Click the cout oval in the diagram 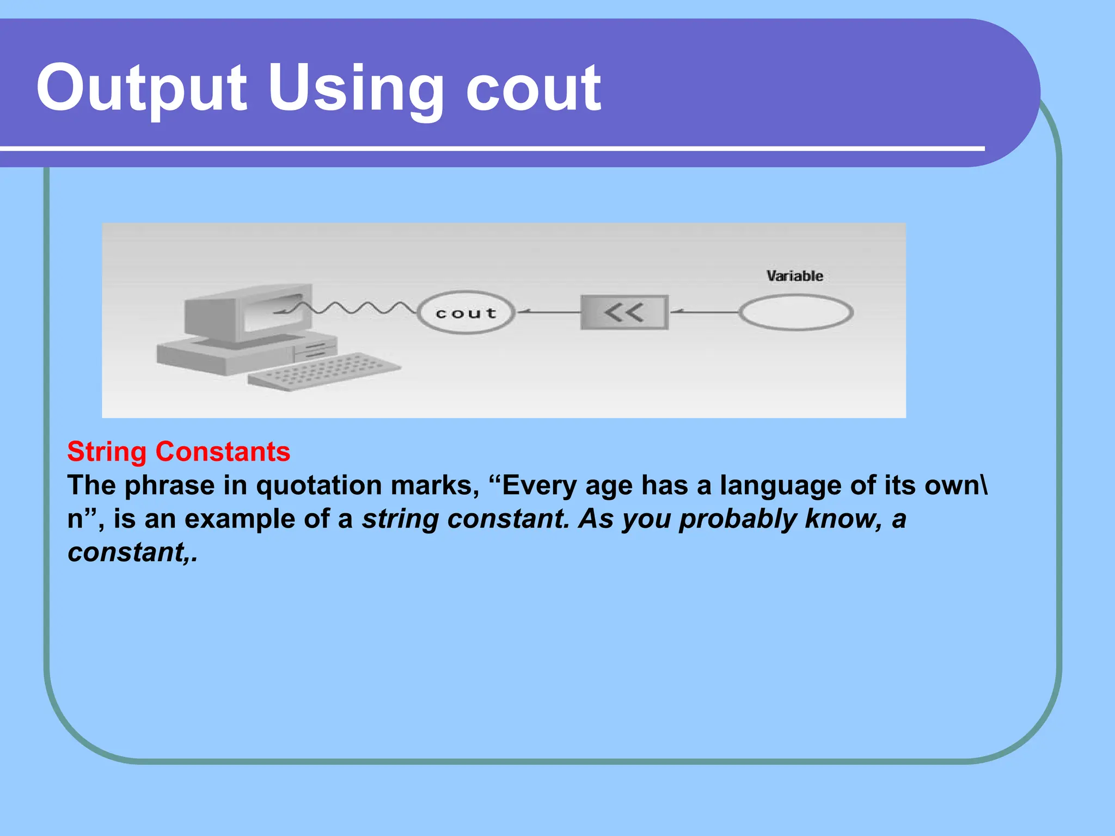[466, 312]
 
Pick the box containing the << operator [624, 312]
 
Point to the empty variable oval [795, 312]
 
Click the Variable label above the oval [794, 276]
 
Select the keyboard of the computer [323, 371]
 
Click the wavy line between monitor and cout [354, 308]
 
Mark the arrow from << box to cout [548, 312]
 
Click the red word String [107, 452]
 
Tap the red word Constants [223, 452]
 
